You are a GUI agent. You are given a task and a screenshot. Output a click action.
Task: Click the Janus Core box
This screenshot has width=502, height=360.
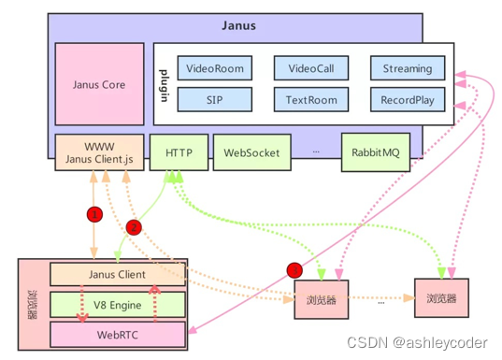pos(99,85)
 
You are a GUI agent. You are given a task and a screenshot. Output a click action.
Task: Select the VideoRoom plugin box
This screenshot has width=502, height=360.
pos(215,68)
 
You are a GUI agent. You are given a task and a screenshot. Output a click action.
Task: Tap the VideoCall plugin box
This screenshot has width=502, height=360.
pos(311,68)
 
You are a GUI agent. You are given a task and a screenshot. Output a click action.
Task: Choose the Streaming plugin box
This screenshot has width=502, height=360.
pos(407,68)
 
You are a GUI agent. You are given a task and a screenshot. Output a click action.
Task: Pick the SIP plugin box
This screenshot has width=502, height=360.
pos(215,98)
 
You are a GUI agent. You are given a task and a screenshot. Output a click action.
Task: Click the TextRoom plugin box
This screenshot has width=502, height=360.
pos(311,98)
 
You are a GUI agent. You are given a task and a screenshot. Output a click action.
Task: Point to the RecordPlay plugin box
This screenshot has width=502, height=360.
pos(407,98)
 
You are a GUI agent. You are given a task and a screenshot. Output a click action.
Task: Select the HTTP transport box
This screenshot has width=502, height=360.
pos(179,152)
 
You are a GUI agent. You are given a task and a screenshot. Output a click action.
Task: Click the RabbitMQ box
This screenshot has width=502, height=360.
pos(376,152)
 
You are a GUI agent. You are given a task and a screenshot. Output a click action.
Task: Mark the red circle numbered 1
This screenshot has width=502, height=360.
pos(93,214)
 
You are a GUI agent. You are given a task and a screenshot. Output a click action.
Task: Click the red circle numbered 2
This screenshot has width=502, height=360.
pos(133,226)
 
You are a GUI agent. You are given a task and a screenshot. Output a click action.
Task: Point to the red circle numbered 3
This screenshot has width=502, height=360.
pos(294,270)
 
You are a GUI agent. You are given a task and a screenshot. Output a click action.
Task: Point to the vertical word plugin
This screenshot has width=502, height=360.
pos(165,84)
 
